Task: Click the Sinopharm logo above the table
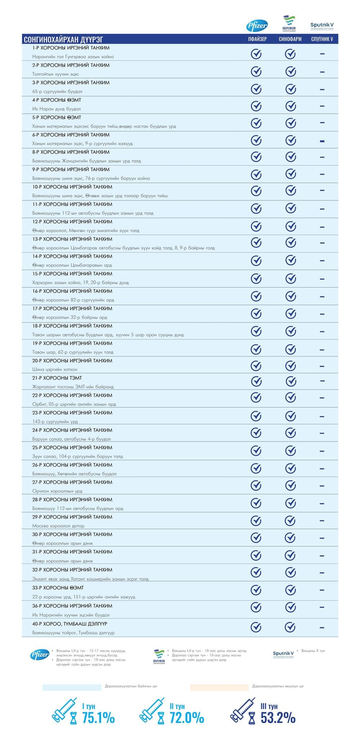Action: (x=289, y=24)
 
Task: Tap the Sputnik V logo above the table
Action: (x=322, y=26)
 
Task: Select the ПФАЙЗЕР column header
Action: (x=257, y=39)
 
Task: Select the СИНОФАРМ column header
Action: (x=290, y=39)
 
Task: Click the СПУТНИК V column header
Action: (x=322, y=39)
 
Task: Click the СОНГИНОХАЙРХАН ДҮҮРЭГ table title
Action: (x=63, y=39)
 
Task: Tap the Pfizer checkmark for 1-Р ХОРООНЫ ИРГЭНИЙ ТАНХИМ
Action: (x=256, y=54)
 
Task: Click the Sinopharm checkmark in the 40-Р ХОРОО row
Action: (x=290, y=627)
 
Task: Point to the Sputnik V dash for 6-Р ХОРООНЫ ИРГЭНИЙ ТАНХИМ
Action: (x=322, y=141)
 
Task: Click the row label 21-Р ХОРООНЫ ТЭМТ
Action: (x=57, y=378)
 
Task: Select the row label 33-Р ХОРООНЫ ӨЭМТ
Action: (x=58, y=588)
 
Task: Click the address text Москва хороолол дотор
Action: (x=58, y=526)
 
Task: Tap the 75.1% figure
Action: (x=98, y=718)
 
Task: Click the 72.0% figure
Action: (x=187, y=718)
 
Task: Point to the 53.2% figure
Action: (x=278, y=718)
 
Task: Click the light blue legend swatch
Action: (x=72, y=687)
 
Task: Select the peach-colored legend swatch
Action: (x=219, y=687)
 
